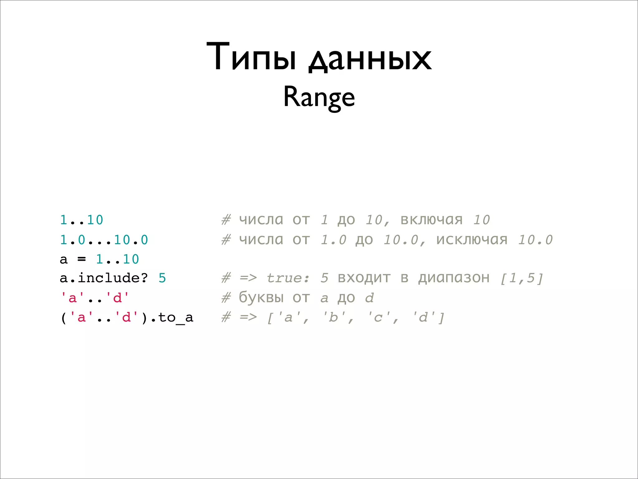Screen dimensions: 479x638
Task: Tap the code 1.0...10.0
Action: click(x=104, y=240)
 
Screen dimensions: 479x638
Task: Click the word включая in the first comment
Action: click(x=431, y=220)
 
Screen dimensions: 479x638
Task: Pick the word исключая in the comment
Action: click(x=472, y=240)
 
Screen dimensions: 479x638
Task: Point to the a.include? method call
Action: click(x=104, y=278)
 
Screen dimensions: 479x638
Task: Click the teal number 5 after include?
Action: click(x=162, y=278)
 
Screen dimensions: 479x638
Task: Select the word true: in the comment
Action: click(x=288, y=278)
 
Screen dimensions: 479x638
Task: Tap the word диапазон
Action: click(x=454, y=278)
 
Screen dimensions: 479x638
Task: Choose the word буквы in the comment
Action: click(x=261, y=298)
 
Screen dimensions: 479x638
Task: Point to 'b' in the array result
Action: click(x=334, y=317)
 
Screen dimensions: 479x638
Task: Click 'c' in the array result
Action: click(x=378, y=317)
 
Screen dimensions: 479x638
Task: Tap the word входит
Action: click(x=364, y=278)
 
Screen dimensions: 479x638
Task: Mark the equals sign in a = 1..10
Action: click(x=82, y=259)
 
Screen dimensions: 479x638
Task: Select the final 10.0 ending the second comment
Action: click(x=535, y=240)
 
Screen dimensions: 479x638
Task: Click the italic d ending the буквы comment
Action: click(x=369, y=298)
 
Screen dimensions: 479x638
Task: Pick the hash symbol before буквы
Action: click(x=226, y=298)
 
